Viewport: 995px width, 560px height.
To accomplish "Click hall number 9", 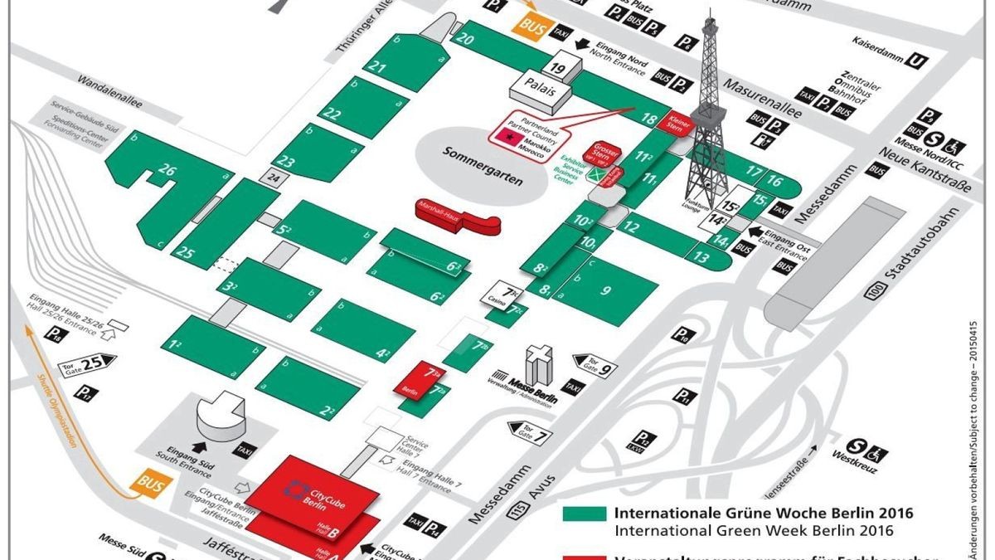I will coord(606,290).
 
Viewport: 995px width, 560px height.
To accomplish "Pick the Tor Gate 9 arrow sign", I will coord(596,363).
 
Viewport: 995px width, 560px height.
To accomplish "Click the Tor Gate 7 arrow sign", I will coord(529,431).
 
